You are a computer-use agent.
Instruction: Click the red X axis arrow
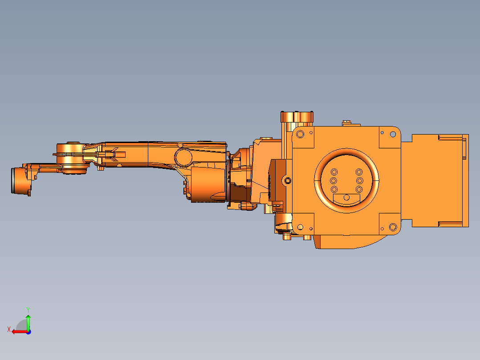coord(19,331)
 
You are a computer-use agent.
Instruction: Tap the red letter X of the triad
coord(9,329)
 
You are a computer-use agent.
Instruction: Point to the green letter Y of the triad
coord(28,309)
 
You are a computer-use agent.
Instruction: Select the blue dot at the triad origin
coord(28,331)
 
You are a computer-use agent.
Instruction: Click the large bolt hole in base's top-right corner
coord(393,134)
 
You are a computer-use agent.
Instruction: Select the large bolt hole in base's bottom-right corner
coord(393,227)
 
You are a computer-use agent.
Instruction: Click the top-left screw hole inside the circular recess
coord(334,172)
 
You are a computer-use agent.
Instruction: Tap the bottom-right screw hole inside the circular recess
coord(359,189)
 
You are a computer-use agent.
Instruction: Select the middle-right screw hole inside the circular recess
coord(359,180)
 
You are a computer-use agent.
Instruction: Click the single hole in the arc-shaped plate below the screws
coord(346,197)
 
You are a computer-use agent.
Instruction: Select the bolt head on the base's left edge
coord(288,180)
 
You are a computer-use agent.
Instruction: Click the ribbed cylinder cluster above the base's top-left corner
coord(297,117)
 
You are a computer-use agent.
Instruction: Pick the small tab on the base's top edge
coord(347,123)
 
